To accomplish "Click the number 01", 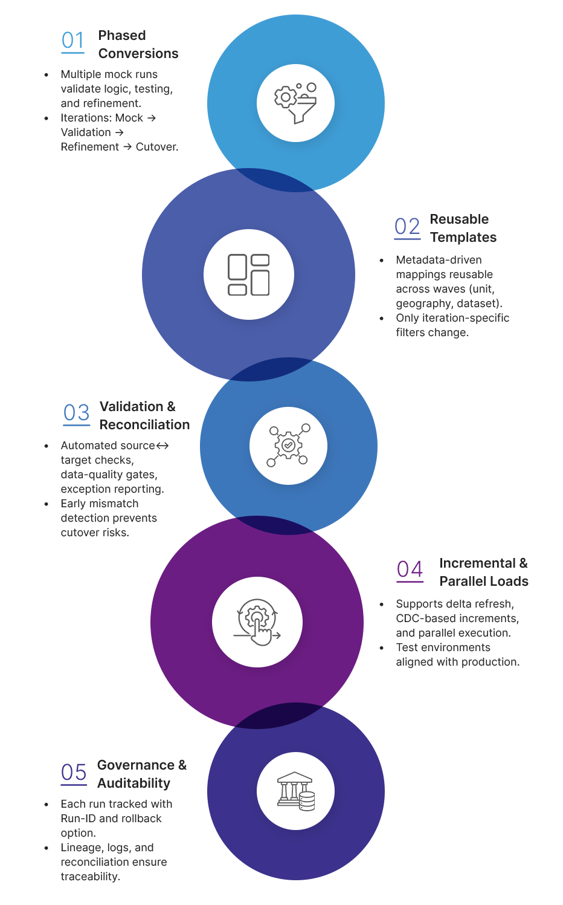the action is (x=72, y=41).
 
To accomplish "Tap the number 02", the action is (x=407, y=227).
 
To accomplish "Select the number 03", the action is (x=76, y=413).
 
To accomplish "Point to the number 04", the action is (x=410, y=569).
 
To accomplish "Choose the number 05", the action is (x=74, y=773).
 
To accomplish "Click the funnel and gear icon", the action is (x=295, y=103).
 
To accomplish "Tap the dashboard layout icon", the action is (x=248, y=274).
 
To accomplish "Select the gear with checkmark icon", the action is (x=288, y=446).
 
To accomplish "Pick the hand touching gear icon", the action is (x=257, y=622).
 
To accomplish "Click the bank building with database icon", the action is (x=295, y=791).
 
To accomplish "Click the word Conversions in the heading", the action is (x=138, y=54).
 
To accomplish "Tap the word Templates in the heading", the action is (x=463, y=238).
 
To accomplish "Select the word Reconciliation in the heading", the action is (x=144, y=425).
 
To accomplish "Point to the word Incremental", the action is (x=477, y=563).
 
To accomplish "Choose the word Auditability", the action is (x=134, y=783).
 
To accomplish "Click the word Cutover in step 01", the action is (x=156, y=147).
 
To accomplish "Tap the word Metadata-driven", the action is (x=439, y=260).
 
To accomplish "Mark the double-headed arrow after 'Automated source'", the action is (x=162, y=446).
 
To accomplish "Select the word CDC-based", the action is (x=424, y=618).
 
